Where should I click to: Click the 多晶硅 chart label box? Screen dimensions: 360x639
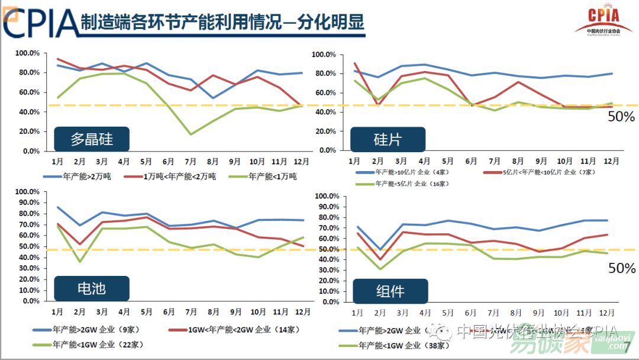click(92, 140)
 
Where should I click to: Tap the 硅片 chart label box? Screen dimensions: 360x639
click(388, 140)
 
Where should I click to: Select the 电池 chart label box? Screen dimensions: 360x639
click(92, 288)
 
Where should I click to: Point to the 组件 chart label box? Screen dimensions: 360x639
click(390, 291)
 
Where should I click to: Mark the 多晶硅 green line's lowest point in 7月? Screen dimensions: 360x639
click(191, 134)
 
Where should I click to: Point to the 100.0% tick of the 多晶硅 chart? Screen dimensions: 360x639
click(27, 53)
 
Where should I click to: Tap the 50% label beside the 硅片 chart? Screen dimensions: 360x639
click(622, 117)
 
